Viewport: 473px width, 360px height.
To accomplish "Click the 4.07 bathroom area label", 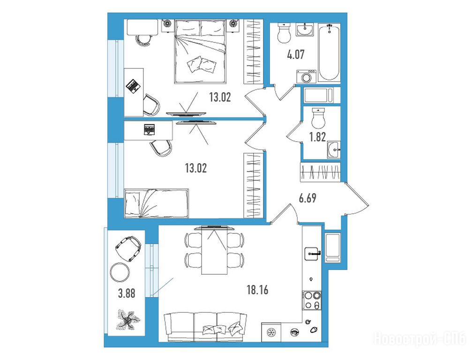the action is click(x=296, y=55).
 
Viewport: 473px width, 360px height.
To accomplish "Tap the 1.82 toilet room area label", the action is click(x=317, y=137).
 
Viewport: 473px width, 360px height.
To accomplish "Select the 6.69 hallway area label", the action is click(x=308, y=198).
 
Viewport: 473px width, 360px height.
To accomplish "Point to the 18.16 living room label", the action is click(x=257, y=290).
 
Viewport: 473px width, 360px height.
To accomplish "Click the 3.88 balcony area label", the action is click(x=127, y=293).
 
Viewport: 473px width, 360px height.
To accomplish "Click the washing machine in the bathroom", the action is click(x=307, y=77).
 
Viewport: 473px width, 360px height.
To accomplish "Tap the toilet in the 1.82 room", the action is click(x=318, y=118).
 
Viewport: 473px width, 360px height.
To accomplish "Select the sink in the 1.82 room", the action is click(x=333, y=149).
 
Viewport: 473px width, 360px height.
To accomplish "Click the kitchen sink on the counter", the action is click(x=313, y=254).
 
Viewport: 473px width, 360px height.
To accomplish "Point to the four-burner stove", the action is click(x=312, y=300).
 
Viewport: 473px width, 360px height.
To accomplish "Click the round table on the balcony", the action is click(x=120, y=272).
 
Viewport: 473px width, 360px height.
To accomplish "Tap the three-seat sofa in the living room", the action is click(x=205, y=327).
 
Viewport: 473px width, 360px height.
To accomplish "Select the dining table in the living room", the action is click(x=215, y=250).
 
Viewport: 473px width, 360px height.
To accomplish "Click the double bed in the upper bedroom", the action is click(x=200, y=51).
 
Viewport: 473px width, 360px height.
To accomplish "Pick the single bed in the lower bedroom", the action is click(x=156, y=203).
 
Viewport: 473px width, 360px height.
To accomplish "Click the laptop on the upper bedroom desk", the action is click(x=133, y=85).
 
